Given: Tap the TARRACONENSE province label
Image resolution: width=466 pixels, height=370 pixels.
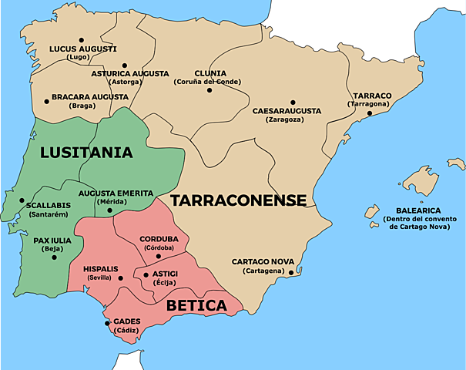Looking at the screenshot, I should [238, 200].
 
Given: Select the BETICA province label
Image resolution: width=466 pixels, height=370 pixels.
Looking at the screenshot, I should [198, 305].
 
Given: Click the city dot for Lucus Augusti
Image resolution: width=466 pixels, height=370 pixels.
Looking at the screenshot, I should [81, 39].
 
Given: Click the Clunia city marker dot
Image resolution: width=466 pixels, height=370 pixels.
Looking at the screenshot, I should [209, 90].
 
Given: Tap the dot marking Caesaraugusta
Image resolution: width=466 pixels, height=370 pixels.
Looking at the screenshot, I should [293, 102].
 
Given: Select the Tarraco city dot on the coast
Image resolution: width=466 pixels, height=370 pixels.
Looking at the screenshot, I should [370, 113].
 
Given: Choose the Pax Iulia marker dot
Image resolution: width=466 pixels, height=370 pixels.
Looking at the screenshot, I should [54, 257].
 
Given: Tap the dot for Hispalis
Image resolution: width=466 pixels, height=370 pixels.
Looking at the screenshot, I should [121, 277].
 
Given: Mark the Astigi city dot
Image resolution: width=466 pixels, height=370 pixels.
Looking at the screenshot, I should [145, 274].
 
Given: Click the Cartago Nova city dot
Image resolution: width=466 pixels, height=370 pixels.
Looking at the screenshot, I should [291, 271].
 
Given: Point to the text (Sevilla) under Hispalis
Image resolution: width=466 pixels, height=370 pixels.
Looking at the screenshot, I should [99, 277].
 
